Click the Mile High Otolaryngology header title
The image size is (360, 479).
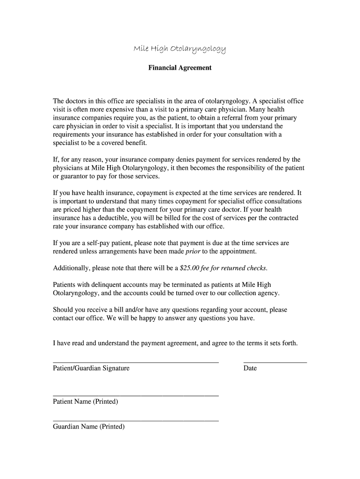pyautogui.click(x=180, y=49)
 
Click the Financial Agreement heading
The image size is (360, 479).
pyautogui.click(x=180, y=68)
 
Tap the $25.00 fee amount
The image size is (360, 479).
pyautogui.click(x=190, y=268)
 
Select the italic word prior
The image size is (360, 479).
pyautogui.click(x=193, y=251)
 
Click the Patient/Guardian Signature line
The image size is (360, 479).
pyautogui.click(x=136, y=362)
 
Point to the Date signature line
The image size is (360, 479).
pyautogui.click(x=275, y=362)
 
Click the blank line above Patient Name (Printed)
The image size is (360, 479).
pyautogui.click(x=136, y=396)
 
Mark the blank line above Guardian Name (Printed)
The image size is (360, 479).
pyautogui.click(x=136, y=421)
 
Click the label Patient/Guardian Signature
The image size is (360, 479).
pyautogui.click(x=91, y=368)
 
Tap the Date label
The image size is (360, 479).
pyautogui.click(x=250, y=368)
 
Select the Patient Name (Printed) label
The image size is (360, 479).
pyautogui.click(x=86, y=402)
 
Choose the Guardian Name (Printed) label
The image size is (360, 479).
pyautogui.click(x=89, y=427)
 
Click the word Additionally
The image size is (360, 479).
pyautogui.click(x=72, y=268)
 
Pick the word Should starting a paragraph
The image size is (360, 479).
pyautogui.click(x=64, y=310)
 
